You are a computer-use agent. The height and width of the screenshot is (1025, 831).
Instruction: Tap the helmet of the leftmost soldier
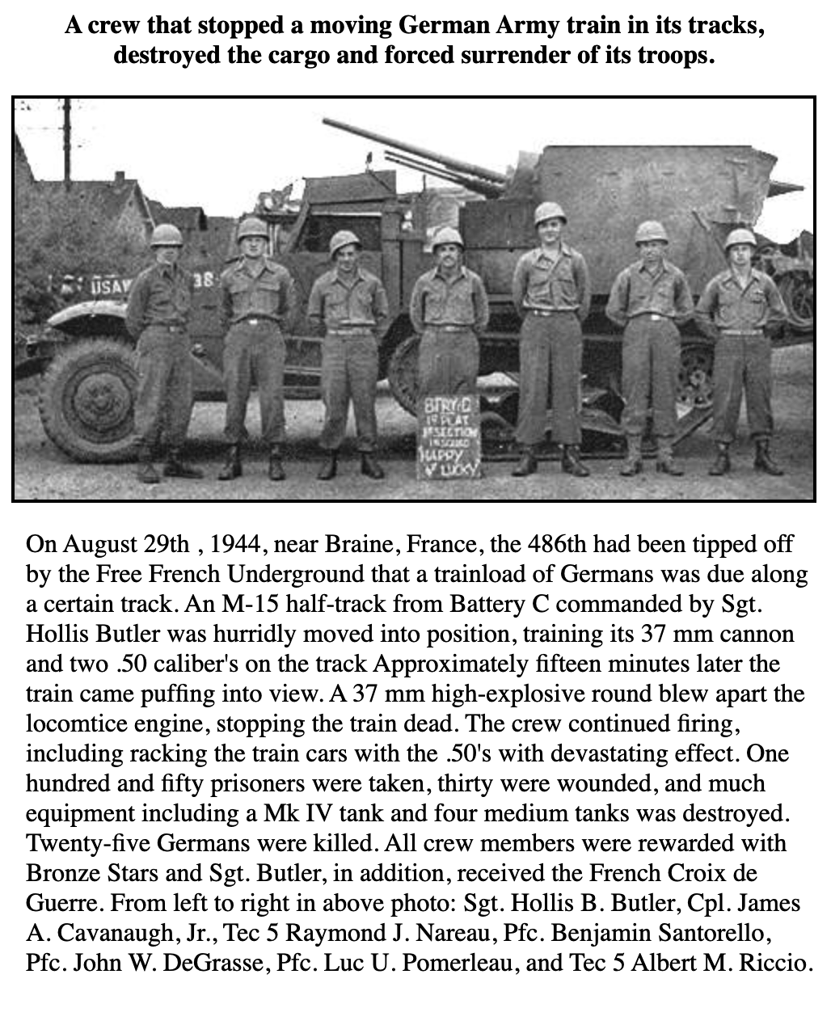click(x=167, y=234)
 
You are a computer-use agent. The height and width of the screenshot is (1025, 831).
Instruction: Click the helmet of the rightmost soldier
click(x=739, y=238)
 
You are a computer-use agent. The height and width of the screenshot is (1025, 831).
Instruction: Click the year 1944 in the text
click(x=234, y=544)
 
